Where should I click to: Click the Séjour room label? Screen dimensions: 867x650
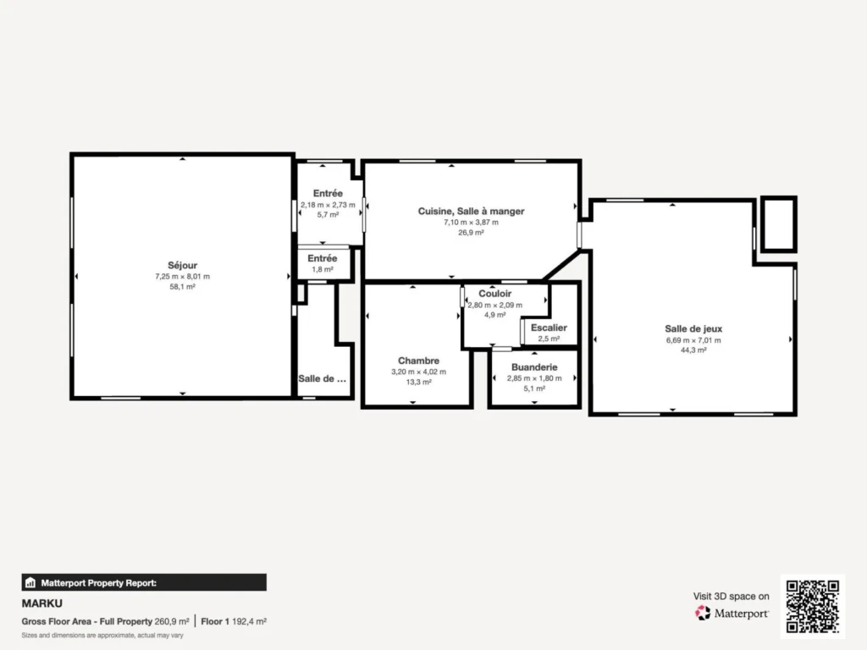(183, 265)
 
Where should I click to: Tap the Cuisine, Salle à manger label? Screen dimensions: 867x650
(471, 211)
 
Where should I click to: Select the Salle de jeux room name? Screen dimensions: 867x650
(693, 329)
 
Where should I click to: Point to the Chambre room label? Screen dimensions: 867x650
(418, 361)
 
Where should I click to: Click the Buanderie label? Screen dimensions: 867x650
(534, 367)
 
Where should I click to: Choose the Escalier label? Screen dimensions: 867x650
(549, 328)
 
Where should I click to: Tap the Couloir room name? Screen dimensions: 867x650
(494, 294)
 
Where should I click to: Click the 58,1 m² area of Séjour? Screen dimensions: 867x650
(183, 287)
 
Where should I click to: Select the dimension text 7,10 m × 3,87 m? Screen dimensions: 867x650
(471, 223)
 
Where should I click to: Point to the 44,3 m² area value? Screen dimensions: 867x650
(693, 350)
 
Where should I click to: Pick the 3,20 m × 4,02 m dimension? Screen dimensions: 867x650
(418, 372)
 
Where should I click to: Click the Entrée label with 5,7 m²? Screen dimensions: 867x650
(328, 194)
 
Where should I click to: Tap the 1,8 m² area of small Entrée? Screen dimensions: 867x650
(323, 270)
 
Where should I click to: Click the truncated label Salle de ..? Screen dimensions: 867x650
(323, 378)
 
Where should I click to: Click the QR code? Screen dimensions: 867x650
(813, 606)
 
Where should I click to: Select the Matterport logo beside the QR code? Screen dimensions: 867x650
(732, 613)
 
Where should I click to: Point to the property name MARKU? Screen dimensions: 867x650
(42, 603)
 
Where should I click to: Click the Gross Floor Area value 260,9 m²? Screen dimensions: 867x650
(172, 622)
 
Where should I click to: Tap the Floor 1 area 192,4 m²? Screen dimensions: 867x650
(250, 622)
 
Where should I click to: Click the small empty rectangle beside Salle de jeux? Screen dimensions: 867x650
(779, 197)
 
